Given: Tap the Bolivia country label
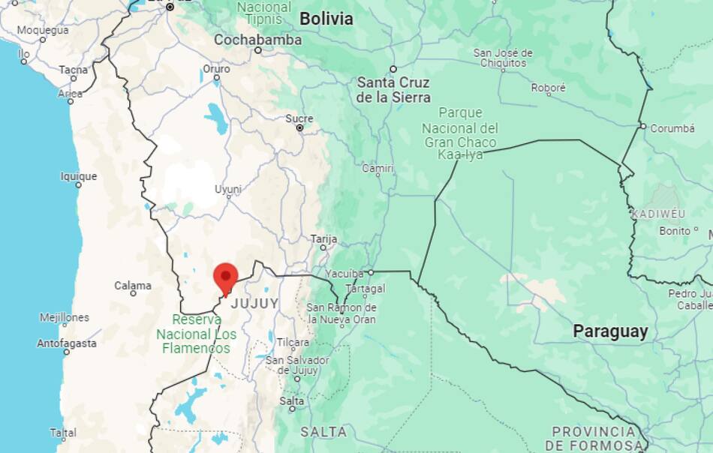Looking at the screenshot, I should tap(326, 19).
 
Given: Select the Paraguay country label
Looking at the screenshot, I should tap(610, 331).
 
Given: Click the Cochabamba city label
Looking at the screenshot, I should tap(257, 40).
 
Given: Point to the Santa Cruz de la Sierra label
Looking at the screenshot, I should tap(393, 90).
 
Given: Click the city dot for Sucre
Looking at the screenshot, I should tap(300, 128).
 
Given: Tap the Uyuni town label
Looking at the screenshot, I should tap(228, 189).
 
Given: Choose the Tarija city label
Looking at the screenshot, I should tap(323, 238).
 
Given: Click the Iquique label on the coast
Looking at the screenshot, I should tap(79, 176).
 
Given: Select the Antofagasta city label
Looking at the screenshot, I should tap(67, 343).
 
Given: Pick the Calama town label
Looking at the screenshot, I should tap(133, 286).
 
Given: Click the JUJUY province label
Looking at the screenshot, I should tap(254, 304).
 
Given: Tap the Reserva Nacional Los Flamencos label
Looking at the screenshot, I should tap(196, 334).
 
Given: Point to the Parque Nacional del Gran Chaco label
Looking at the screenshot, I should tap(460, 133).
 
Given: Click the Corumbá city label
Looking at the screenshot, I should tap(672, 128).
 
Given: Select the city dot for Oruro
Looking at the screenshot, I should tap(217, 77).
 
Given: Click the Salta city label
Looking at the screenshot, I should tap(292, 401).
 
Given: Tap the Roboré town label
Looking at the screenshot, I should tap(548, 88).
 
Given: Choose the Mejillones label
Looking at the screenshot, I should tap(65, 317).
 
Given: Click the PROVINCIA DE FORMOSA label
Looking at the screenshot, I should tap(594, 438).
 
